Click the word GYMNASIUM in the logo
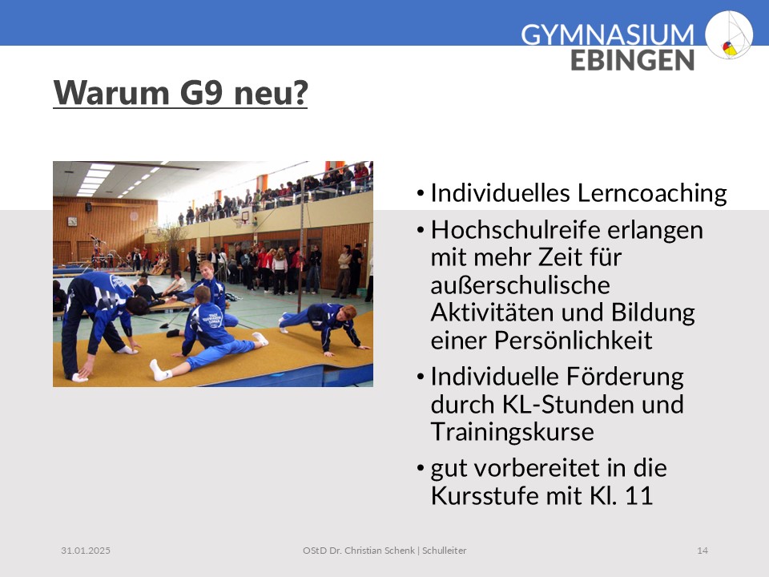[x=607, y=35]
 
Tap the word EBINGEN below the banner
[x=632, y=60]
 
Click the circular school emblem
[x=729, y=34]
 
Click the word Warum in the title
[x=111, y=92]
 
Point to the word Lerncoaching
[x=652, y=193]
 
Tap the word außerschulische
[x=521, y=285]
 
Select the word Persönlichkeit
[x=574, y=340]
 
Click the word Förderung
[x=625, y=377]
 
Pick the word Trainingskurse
[x=513, y=432]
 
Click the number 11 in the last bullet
[x=639, y=495]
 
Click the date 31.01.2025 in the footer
[x=86, y=551]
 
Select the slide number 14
[x=703, y=551]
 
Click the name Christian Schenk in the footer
[x=380, y=551]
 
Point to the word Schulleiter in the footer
[x=445, y=551]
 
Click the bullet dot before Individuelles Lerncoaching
[x=421, y=193]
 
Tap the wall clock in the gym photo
[x=72, y=221]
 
